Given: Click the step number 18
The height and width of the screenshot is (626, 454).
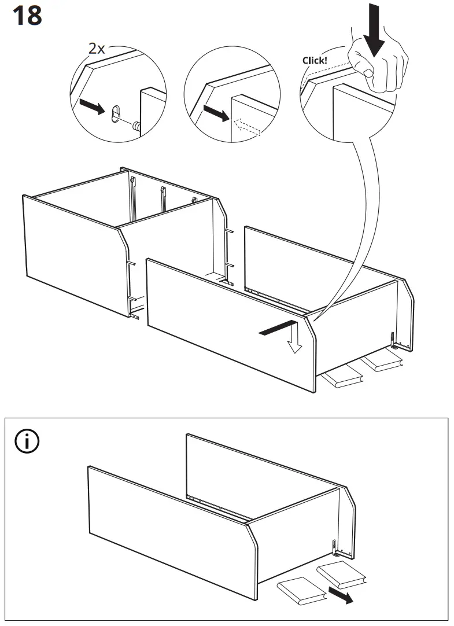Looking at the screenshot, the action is (x=27, y=16).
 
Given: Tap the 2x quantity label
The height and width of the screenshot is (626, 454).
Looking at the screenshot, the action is (x=97, y=49).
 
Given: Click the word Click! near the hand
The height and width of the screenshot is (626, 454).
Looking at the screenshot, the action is (x=315, y=60).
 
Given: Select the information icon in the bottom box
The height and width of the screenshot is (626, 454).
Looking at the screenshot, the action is (x=27, y=441).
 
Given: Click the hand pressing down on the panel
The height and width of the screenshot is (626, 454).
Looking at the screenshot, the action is (x=377, y=60).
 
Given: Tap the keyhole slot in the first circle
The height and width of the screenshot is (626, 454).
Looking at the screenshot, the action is (x=116, y=113).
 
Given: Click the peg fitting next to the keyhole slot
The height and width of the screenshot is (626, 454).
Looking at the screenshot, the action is (x=137, y=126).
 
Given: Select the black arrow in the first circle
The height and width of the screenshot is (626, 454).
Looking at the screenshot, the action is (x=92, y=106).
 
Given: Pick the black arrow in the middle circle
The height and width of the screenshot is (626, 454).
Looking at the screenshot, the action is (x=217, y=113).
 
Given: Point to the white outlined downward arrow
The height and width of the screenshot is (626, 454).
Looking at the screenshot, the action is (x=294, y=337).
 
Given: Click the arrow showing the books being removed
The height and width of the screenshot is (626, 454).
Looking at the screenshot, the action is (x=341, y=594).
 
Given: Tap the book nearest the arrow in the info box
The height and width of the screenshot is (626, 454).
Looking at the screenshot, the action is (x=341, y=575).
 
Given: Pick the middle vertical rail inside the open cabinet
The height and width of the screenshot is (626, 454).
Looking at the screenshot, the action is (x=163, y=198).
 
